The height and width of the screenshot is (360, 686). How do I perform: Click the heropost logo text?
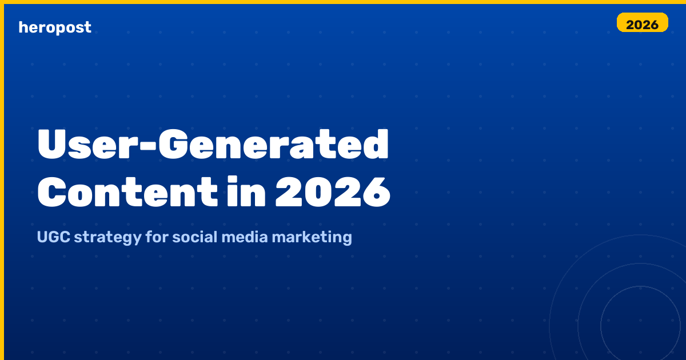[x=55, y=27]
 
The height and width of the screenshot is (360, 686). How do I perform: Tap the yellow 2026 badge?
[x=642, y=22]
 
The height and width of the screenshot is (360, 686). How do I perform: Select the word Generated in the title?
[x=273, y=144]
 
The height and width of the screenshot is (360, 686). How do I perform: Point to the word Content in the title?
[x=127, y=192]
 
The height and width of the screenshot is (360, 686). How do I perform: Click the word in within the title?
[x=246, y=191]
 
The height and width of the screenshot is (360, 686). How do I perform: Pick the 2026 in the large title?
[x=333, y=192]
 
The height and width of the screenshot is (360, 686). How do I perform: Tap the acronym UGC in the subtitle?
[x=54, y=237]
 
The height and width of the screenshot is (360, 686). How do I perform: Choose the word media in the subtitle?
[x=245, y=237]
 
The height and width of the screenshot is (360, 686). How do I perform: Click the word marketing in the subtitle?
[x=312, y=238]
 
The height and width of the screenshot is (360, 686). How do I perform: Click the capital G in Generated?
[x=173, y=145]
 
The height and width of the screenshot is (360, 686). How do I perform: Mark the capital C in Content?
[x=51, y=192]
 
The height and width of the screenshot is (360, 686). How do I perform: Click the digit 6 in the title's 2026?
[x=377, y=193]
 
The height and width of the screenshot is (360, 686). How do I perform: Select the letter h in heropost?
[x=23, y=27]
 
